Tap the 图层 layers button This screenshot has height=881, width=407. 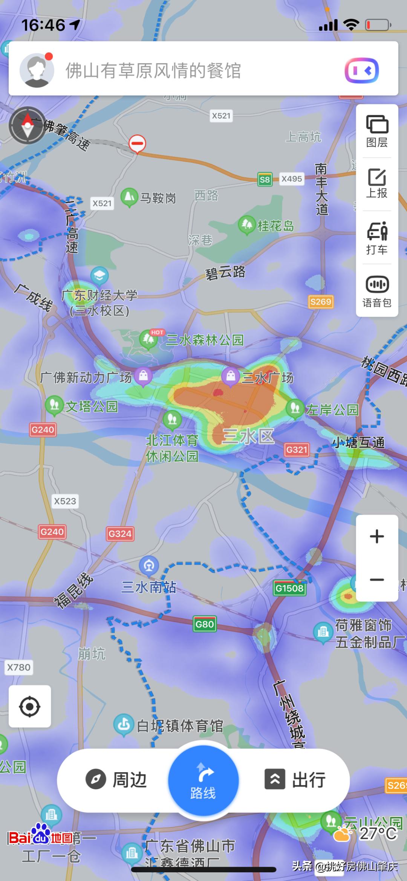[x=377, y=131]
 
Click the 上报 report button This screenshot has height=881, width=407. [x=377, y=183]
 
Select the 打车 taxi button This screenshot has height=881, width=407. [x=377, y=238]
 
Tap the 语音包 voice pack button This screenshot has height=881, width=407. [x=377, y=291]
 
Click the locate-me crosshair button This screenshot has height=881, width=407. [x=30, y=706]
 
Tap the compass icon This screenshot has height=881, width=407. [x=28, y=125]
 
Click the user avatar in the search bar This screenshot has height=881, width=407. [x=37, y=70]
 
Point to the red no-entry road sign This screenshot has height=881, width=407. [x=137, y=144]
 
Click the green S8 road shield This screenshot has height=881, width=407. [x=265, y=179]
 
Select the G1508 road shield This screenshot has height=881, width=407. [x=289, y=588]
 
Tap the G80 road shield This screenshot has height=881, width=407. [x=205, y=624]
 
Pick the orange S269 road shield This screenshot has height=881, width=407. [x=321, y=302]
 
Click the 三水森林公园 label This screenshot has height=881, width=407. [x=205, y=340]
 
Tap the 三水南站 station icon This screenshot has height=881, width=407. [x=149, y=565]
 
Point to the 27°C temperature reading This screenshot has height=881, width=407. [x=378, y=834]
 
